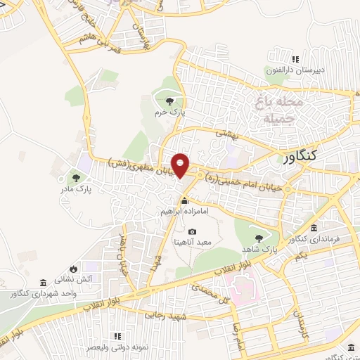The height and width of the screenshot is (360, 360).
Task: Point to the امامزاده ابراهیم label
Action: point(186,211)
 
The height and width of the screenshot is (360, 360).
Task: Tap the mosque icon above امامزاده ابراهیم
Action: point(185,201)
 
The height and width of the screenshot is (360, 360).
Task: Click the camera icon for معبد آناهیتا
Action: point(192,231)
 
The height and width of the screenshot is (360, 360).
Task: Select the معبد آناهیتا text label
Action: point(193,242)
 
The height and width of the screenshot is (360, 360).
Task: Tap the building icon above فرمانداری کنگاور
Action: point(313,229)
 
